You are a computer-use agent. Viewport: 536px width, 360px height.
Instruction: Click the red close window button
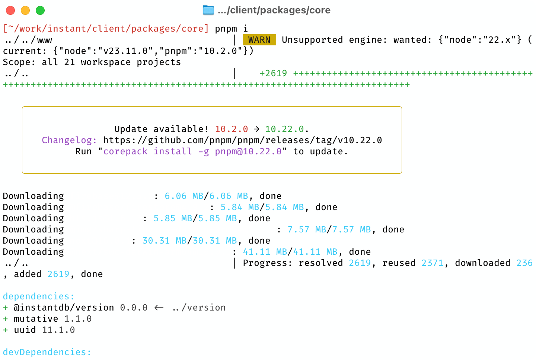10,10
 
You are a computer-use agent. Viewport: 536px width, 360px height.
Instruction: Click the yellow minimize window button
25,10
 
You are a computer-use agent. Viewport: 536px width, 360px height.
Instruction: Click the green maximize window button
40,10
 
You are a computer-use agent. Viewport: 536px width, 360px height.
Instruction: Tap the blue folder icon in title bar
208,10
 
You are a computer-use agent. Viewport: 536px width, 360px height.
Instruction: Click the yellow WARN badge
259,40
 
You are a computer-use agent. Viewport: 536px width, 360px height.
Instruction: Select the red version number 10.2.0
231,129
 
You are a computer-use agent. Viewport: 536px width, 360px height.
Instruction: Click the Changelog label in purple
69,140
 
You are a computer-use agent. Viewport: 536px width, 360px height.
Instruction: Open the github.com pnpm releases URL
242,140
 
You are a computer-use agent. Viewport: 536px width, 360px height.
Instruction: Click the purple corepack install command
192,151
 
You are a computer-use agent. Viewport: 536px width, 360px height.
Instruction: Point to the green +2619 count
273,73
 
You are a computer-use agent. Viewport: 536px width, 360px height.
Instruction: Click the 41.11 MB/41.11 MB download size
290,252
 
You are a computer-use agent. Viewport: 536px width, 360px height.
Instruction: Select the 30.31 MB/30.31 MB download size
189,241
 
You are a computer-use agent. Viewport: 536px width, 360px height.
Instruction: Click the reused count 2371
432,263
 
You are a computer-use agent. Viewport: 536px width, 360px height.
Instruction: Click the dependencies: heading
39,296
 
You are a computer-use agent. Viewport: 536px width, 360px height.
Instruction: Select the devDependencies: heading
47,352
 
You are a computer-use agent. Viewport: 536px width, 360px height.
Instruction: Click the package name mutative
36,319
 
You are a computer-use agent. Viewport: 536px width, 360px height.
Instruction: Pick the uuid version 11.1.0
58,330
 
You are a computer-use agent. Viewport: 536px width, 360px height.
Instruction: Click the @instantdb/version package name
64,308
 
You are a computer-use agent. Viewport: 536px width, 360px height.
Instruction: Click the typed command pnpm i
231,29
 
